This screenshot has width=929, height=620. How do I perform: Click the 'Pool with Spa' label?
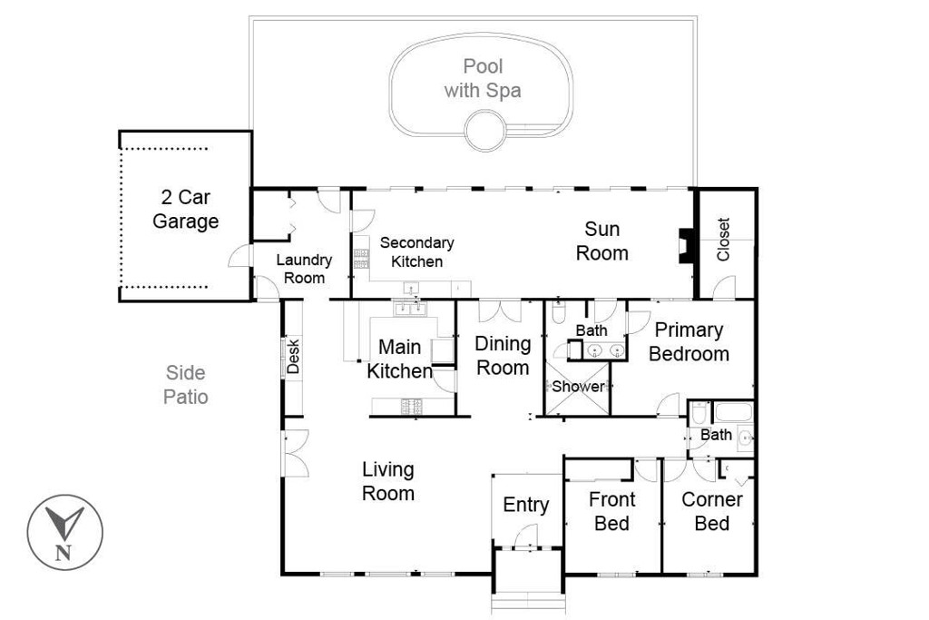pos(482,78)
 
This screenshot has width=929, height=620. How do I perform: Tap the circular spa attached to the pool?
pos(484,130)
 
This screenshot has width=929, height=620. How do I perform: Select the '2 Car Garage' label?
pos(185,209)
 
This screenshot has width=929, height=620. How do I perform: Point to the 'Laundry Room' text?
pos(304,269)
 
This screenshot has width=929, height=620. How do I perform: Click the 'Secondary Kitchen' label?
pos(416,252)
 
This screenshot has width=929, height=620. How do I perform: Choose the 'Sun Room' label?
pos(601,241)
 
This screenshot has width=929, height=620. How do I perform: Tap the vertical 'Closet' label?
pos(724,240)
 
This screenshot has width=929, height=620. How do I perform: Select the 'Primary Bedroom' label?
pos(689,342)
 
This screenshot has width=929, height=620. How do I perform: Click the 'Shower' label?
pos(578,387)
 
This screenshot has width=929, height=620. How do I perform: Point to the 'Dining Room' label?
pos(503,355)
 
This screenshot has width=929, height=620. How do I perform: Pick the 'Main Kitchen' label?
pos(399,359)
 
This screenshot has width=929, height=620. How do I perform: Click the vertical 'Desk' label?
pos(293,356)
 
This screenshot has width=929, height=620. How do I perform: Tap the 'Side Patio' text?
pos(186,385)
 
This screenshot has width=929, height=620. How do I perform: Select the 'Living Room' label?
pos(388,482)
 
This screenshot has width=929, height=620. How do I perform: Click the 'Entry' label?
pos(526,506)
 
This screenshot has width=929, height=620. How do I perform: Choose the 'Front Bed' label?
pos(611,511)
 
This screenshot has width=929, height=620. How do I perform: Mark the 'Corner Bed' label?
pos(712,511)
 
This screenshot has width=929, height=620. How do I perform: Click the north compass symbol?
pos(64,532)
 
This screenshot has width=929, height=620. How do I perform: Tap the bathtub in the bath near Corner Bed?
pos(733,413)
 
